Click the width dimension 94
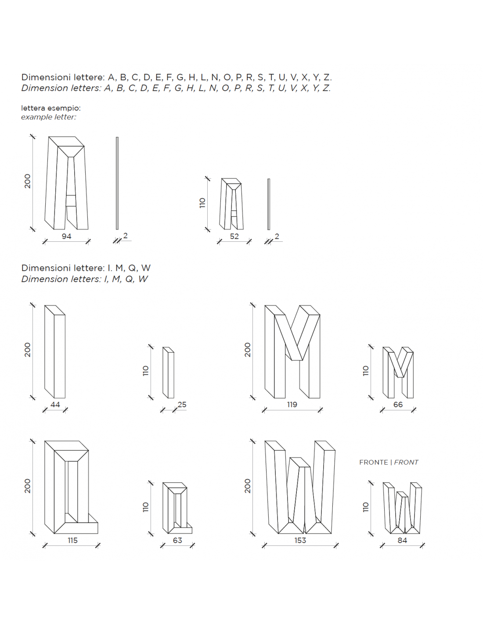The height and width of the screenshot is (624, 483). coord(66,236)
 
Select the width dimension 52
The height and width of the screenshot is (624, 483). coord(234,236)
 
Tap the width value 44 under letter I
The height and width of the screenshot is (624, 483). coord(55,405)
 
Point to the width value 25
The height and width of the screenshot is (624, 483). coord(182,405)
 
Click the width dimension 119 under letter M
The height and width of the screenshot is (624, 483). coord(292,405)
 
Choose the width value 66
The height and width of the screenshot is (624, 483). coord(398,405)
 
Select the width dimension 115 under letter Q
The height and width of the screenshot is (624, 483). coord(72,540)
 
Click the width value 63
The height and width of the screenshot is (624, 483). coord(177,540)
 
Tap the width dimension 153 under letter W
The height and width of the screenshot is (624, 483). coord(300,540)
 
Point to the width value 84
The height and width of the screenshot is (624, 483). coord(402,540)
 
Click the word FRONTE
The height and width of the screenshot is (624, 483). coord(373,462)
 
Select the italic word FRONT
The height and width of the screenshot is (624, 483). coord(406,462)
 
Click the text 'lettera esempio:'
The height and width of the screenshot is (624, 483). coord(51,108)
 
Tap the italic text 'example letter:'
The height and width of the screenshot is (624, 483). coord(48,117)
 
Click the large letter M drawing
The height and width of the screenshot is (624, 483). coord(292,351)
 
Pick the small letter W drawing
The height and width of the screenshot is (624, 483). coord(402,508)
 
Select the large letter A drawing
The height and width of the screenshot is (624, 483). coord(66,183)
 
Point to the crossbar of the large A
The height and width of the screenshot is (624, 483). coord(71,200)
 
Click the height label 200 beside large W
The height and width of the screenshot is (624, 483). coord(247,486)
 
